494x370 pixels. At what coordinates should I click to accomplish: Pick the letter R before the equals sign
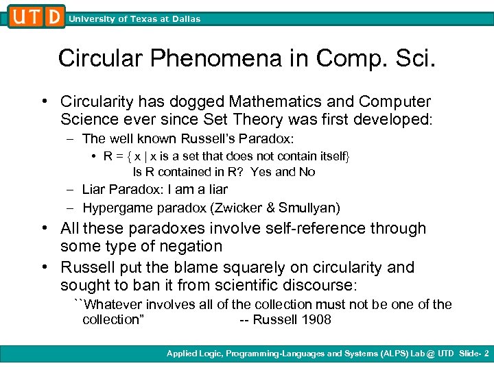pyautogui.click(x=108, y=156)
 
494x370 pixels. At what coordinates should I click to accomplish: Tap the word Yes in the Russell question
pyautogui.click(x=261, y=172)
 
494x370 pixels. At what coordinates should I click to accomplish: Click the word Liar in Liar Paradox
pyautogui.click(x=95, y=189)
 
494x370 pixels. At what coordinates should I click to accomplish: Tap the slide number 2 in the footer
pyautogui.click(x=486, y=354)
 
